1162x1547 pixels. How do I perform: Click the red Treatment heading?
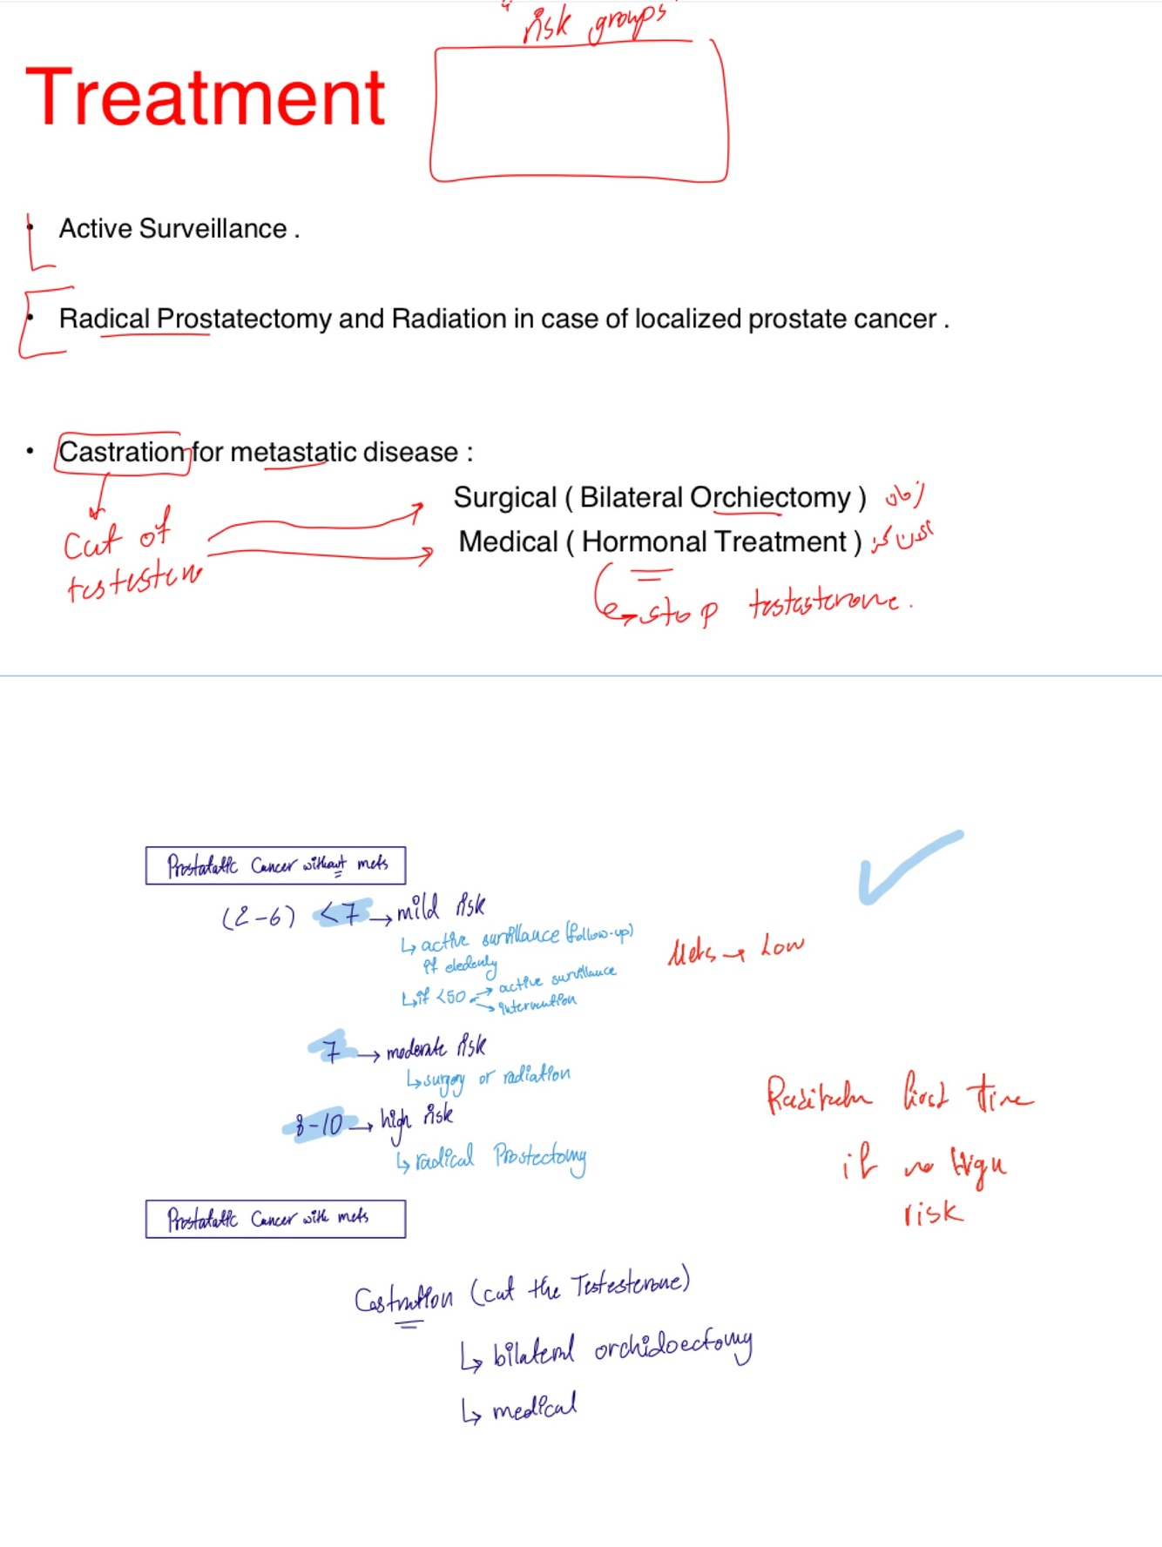pos(206,98)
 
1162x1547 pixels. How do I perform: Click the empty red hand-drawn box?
pos(578,113)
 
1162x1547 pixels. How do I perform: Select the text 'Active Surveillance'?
pos(172,229)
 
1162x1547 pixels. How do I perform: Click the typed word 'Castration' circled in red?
pos(122,453)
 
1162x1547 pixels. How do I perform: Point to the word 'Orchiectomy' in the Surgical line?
pos(770,498)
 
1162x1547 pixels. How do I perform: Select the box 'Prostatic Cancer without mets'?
pos(275,865)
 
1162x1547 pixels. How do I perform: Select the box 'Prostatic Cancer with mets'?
pos(275,1219)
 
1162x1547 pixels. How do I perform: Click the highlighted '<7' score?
pos(342,914)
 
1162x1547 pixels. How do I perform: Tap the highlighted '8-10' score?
pos(319,1125)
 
